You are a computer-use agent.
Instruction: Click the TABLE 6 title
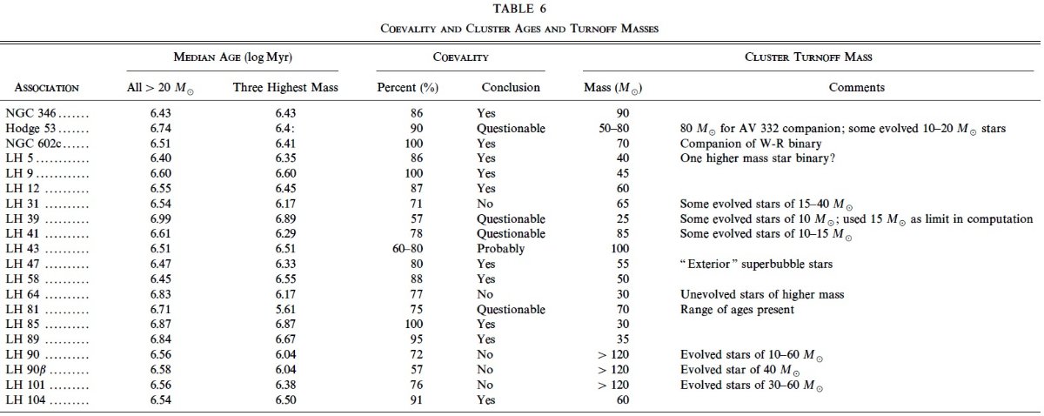[519, 9]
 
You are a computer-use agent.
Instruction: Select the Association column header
[47, 88]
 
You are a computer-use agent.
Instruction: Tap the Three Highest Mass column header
[285, 87]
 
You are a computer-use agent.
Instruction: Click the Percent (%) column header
[407, 88]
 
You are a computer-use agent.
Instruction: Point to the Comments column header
[856, 87]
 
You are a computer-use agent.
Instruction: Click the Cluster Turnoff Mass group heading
[808, 57]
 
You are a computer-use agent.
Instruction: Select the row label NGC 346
[30, 113]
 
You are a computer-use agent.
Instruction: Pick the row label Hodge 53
[30, 128]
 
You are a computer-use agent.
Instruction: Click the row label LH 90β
[26, 370]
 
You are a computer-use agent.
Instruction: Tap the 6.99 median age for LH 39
[160, 218]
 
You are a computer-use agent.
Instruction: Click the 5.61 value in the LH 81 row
[285, 309]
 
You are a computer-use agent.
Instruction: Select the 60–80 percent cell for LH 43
[407, 249]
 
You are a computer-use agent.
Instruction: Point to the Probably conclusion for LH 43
[500, 249]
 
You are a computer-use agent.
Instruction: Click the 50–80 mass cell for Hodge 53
[614, 128]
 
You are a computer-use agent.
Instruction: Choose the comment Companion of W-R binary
[750, 144]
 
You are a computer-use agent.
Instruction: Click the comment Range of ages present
[737, 310]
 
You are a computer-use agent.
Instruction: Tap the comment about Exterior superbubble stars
[756, 264]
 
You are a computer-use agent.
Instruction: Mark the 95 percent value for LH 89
[416, 339]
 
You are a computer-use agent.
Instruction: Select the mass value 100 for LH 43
[619, 249]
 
